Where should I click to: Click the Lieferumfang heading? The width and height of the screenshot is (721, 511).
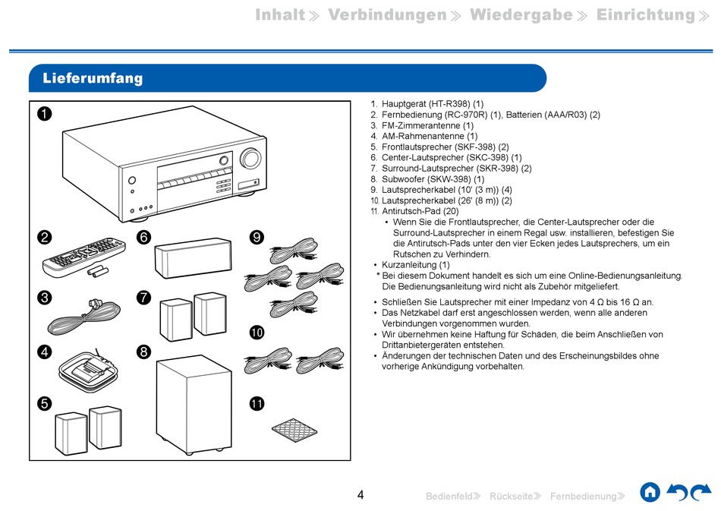tap(93, 78)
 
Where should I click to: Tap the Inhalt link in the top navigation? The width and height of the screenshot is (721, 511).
tap(280, 15)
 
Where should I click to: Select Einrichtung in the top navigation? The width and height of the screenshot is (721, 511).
tap(645, 15)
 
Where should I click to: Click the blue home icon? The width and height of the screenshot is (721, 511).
tap(650, 492)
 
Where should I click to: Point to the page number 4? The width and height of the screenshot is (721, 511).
tap(360, 495)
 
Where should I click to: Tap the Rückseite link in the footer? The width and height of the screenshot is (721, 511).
tap(511, 497)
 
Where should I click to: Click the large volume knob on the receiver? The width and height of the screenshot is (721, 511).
tap(249, 159)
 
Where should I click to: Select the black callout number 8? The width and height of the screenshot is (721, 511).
tap(143, 352)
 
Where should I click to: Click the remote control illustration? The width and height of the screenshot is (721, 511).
tap(83, 255)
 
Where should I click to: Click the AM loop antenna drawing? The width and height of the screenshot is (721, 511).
tap(85, 369)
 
